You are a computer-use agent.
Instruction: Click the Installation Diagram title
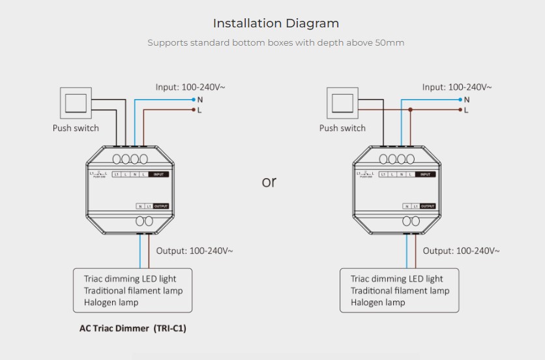(276, 23)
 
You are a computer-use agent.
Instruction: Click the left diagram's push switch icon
(77, 103)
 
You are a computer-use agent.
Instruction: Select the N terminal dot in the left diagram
(194, 100)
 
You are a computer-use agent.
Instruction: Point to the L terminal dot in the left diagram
(194, 110)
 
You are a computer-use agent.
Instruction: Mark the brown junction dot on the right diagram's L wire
(410, 110)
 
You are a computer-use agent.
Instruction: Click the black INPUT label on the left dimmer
(159, 174)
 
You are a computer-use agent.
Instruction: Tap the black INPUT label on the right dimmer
(426, 174)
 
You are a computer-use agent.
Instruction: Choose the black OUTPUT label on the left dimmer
(161, 206)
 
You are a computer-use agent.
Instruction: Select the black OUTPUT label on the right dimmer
(428, 206)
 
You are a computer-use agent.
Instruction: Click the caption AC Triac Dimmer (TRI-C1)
(132, 328)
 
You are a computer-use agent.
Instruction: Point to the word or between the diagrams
(269, 182)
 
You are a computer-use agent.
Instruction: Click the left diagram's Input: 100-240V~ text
(190, 87)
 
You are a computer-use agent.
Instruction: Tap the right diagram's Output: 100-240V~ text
(461, 250)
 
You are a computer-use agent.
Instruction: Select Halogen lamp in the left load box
(111, 302)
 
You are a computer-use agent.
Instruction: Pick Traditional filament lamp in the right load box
(400, 290)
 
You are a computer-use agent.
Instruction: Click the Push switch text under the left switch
(76, 128)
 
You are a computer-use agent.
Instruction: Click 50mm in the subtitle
(389, 43)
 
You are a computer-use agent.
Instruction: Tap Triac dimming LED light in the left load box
(130, 278)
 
